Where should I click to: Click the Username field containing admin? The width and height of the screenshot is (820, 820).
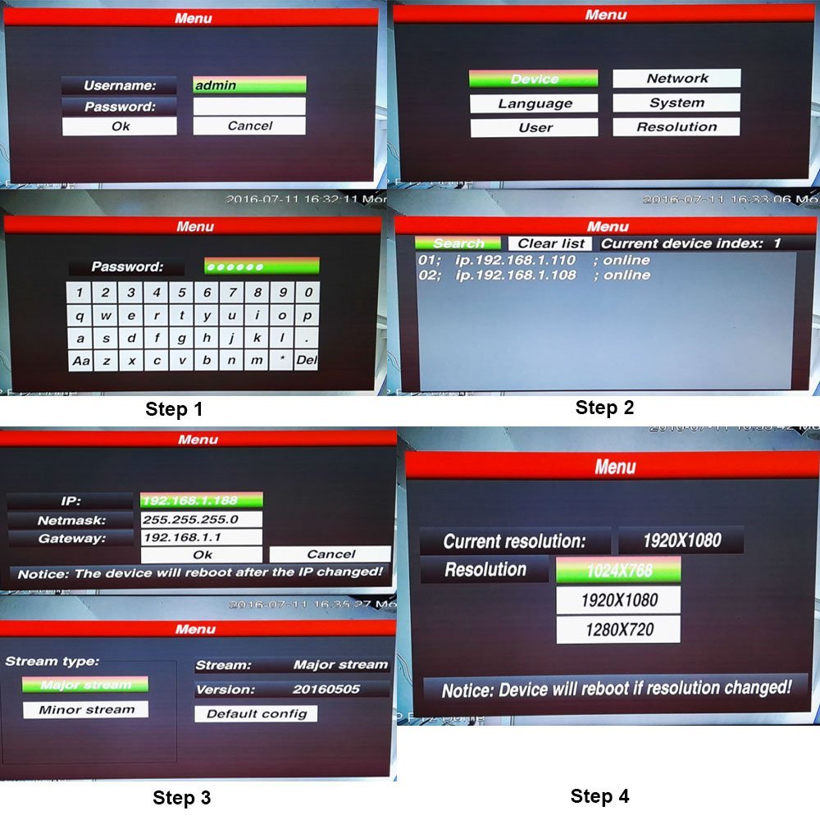pos(249,85)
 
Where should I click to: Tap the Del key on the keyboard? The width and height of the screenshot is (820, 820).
pos(307,360)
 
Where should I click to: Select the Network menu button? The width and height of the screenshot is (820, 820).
pos(676,79)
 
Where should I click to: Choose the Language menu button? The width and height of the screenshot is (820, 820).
pos(534,104)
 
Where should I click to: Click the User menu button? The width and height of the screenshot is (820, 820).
pos(534,128)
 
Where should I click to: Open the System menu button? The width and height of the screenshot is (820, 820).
pos(676,103)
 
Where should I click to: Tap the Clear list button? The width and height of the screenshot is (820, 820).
pos(551,244)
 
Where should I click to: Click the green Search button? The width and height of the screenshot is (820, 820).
pos(458,244)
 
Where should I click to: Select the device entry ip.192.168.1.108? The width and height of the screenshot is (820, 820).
pos(516,276)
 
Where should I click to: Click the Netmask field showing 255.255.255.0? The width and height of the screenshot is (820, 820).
pos(201,520)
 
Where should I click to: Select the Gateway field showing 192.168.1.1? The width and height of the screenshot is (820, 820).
pos(201,538)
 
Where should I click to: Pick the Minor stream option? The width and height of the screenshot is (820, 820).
pos(85,709)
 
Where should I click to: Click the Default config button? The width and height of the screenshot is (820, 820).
pos(256,713)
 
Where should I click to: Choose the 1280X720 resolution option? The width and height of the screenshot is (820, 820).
pos(618,631)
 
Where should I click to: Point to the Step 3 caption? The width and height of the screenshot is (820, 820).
pos(181,798)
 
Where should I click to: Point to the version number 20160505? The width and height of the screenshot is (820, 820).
pos(326,690)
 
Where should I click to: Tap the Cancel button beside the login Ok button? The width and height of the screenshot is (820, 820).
pos(249,126)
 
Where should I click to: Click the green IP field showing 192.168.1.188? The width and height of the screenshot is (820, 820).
pos(201,501)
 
